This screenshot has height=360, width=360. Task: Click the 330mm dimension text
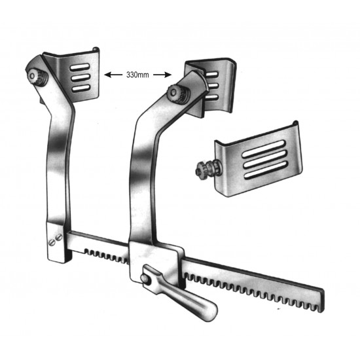click(x=138, y=75)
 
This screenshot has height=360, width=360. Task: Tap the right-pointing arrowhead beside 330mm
click(x=168, y=75)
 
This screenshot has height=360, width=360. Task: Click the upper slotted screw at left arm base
click(x=54, y=236)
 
